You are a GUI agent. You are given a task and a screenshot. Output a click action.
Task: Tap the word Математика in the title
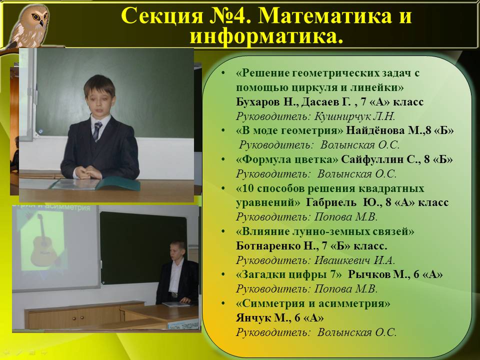pos(325,15)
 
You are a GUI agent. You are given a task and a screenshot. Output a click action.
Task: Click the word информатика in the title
pos(266,36)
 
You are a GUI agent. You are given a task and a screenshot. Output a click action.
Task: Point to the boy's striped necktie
pos(97,131)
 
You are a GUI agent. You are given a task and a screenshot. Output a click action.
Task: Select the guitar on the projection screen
pos(43,241)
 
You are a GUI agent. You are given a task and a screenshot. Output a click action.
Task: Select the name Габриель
pos(331,202)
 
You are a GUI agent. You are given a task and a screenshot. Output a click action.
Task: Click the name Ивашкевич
pos(342,260)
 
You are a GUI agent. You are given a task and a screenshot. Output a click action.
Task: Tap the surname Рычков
pos(369,274)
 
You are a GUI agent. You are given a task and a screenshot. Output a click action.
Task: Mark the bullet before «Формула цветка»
pos(223,160)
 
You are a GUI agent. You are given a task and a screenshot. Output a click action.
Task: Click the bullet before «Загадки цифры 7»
pos(223,274)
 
